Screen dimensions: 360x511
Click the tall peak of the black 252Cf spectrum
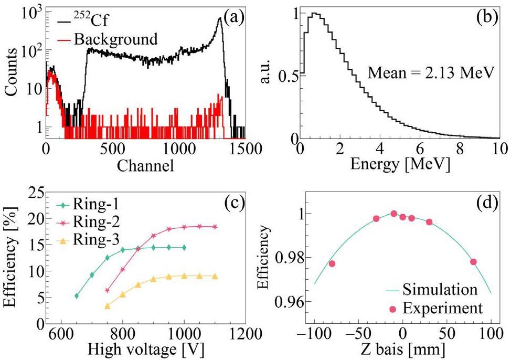tap(219, 18)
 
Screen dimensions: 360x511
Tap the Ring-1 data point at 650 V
tap(77, 296)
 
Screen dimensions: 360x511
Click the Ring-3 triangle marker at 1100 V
tap(215, 277)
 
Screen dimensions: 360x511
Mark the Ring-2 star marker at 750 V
tap(108, 290)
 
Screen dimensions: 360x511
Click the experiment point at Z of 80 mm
tap(473, 262)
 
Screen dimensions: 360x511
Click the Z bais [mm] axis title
tap(402, 348)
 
